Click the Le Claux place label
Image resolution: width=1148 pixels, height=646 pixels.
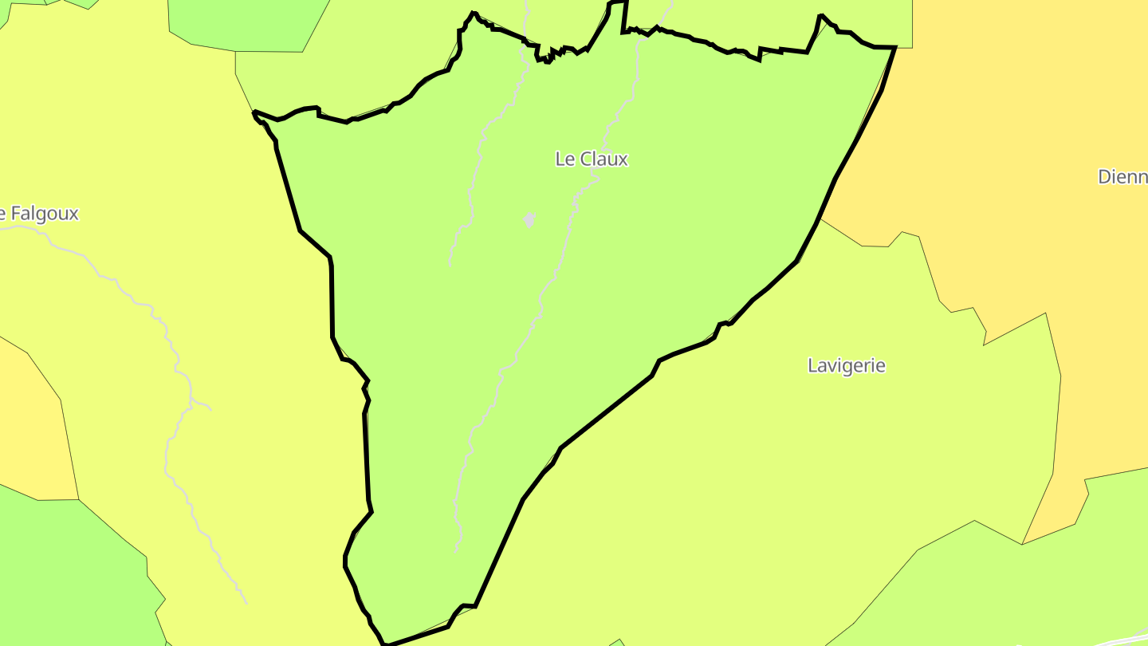pos(592,160)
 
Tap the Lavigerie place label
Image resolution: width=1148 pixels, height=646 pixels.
pos(847,366)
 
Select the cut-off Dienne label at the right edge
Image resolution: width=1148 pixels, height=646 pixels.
pos(1122,177)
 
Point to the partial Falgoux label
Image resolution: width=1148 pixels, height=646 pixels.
pos(40,214)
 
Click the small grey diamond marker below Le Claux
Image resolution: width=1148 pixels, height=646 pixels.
pos(529,219)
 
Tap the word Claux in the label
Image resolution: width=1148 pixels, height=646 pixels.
pos(604,160)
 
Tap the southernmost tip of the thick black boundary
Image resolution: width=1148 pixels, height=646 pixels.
pos(384,643)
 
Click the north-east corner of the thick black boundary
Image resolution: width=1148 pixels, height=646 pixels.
pos(894,48)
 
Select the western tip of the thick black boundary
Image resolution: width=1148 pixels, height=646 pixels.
pos(255,114)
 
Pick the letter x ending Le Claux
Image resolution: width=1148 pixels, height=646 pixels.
pos(623,160)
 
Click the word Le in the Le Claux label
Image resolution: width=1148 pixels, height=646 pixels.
pos(564,160)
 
